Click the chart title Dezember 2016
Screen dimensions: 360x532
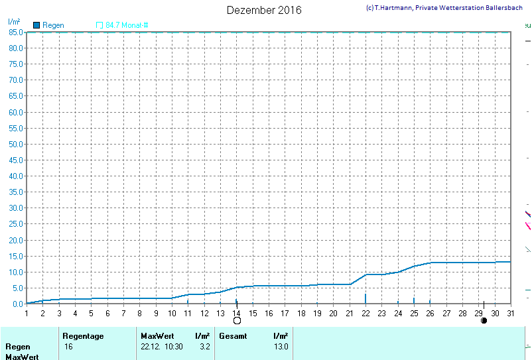click(264, 10)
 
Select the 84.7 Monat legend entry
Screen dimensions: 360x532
click(126, 25)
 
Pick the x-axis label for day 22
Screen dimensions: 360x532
click(366, 313)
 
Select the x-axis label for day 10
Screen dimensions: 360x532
click(172, 313)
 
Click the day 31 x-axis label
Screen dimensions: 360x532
click(511, 313)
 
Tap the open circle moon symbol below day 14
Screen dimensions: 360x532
click(237, 321)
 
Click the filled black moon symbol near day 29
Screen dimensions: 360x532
click(484, 321)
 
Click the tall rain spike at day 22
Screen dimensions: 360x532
click(366, 298)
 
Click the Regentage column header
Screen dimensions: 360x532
click(83, 336)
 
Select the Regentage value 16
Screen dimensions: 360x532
click(68, 347)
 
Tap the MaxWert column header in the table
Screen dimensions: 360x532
click(157, 336)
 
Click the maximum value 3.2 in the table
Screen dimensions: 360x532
click(205, 347)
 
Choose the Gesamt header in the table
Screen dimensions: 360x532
click(233, 336)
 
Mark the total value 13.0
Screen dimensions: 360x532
click(281, 347)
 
